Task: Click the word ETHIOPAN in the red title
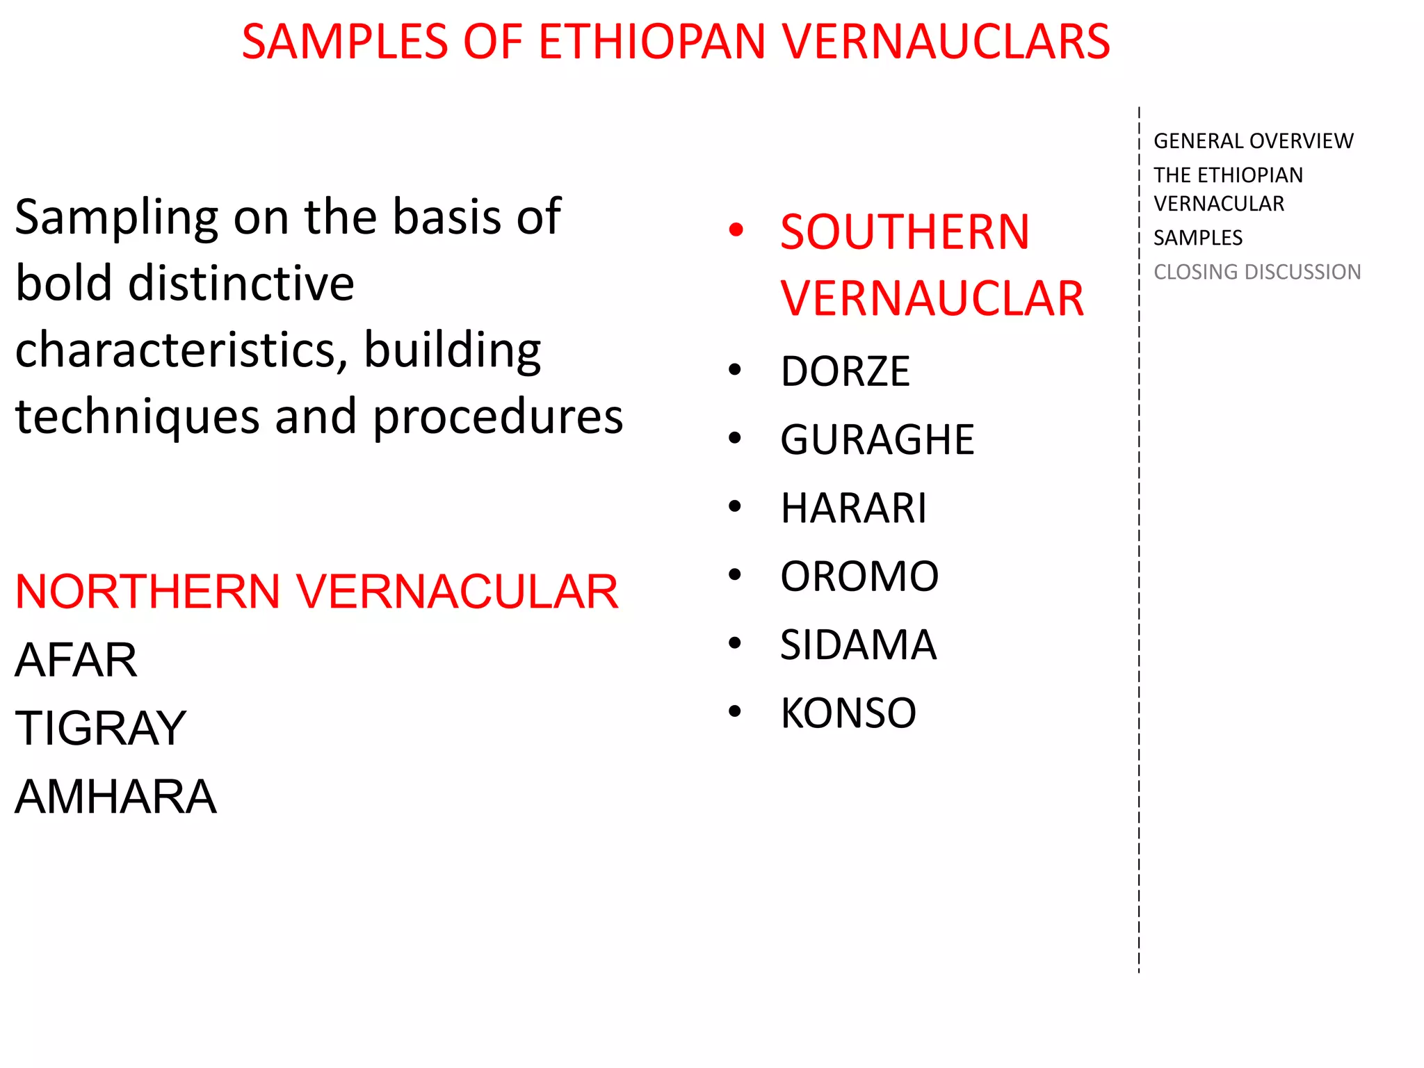click(652, 42)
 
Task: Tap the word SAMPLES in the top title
click(345, 42)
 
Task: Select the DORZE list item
click(845, 371)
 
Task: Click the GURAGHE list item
click(877, 439)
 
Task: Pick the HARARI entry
click(853, 508)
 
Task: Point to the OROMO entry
click(859, 576)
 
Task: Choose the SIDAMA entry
click(858, 645)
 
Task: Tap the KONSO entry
click(848, 713)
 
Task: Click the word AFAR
click(76, 660)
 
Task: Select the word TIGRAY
click(101, 728)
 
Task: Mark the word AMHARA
click(116, 796)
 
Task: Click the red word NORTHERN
click(147, 592)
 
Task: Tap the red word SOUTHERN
click(905, 232)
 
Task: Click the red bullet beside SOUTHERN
click(736, 229)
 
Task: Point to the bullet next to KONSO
click(735, 711)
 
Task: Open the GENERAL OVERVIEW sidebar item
click(1253, 141)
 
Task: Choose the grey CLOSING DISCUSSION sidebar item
click(1257, 272)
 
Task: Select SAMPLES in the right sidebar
click(1198, 238)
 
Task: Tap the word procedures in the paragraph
click(498, 416)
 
